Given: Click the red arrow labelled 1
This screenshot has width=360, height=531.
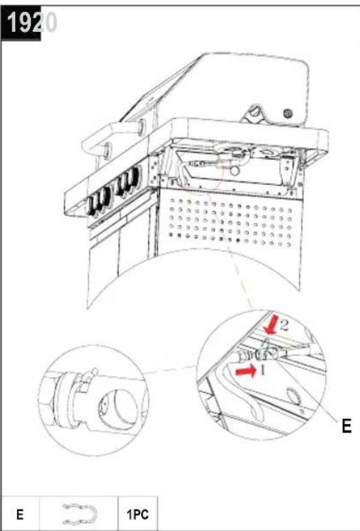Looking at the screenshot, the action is tap(246, 371).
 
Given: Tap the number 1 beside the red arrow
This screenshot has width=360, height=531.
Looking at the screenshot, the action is tap(262, 370).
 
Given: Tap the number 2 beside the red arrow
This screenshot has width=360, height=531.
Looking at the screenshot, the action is tap(284, 325).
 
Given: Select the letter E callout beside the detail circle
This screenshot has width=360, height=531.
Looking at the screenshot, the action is tap(346, 425).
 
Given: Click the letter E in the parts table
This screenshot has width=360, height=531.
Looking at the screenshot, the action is tap(20, 515).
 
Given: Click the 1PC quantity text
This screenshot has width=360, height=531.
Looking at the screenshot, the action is tap(138, 515).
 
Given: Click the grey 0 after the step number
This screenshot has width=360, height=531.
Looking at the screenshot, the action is tap(50, 23).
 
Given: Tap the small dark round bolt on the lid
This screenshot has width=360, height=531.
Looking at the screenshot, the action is tap(287, 113).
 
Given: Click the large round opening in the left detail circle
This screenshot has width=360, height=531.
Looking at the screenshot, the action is tap(116, 410).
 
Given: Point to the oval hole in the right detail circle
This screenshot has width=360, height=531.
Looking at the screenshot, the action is tap(294, 396).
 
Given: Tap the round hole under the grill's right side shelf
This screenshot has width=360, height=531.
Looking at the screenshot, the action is tap(234, 170).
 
